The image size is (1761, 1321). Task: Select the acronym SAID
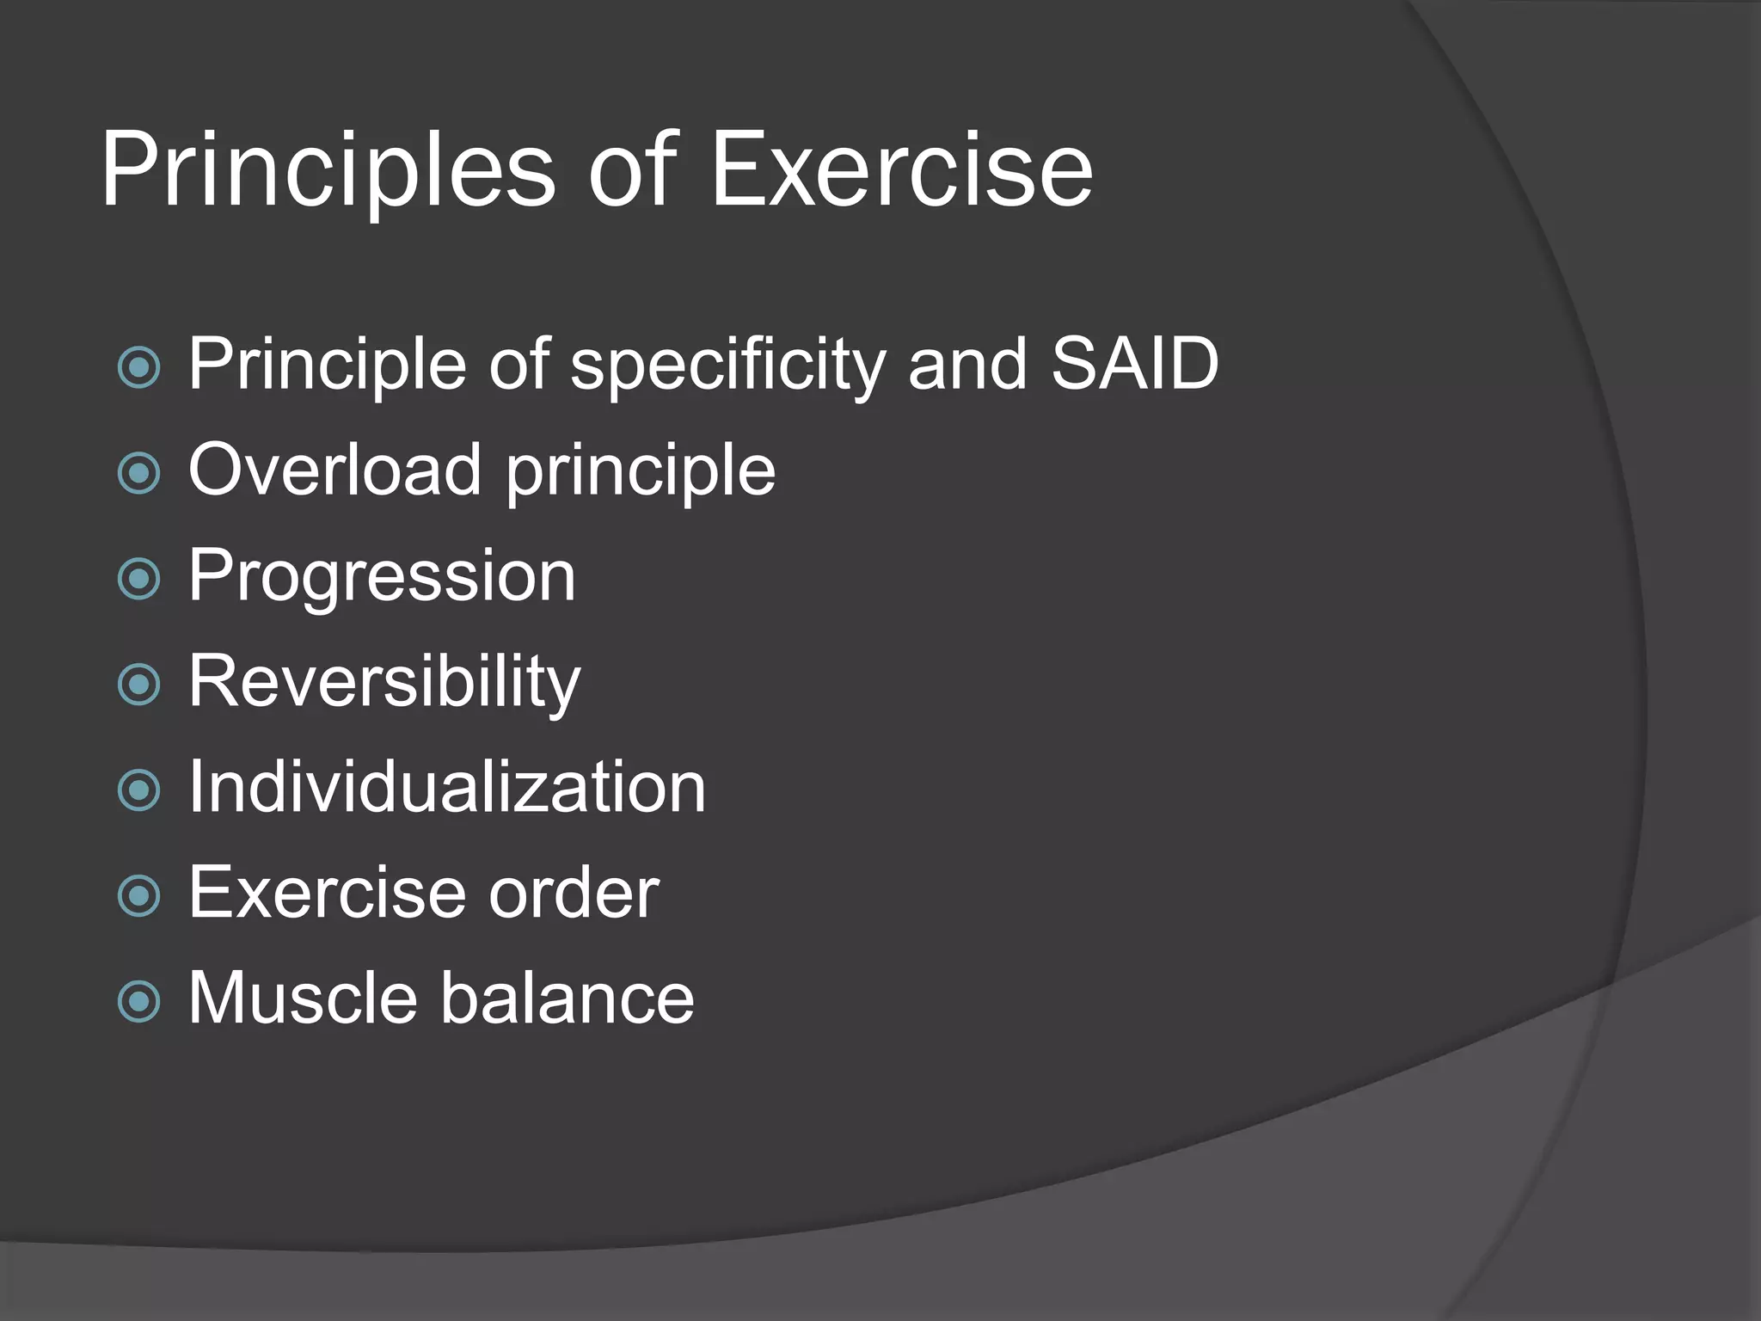1134,364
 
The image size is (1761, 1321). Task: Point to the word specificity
727,366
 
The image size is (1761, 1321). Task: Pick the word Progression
382,577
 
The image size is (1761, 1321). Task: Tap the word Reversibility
384,682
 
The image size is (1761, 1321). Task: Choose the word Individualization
446,787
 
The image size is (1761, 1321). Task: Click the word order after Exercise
574,893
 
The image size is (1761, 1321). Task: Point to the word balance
568,998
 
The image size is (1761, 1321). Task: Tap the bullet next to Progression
138,579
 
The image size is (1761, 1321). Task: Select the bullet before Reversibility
138,685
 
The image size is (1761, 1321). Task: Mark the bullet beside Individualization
138,790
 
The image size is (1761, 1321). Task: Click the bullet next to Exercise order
138,896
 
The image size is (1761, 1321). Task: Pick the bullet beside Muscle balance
138,1001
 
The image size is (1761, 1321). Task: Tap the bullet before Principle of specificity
138,368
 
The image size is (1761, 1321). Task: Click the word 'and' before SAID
967,364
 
